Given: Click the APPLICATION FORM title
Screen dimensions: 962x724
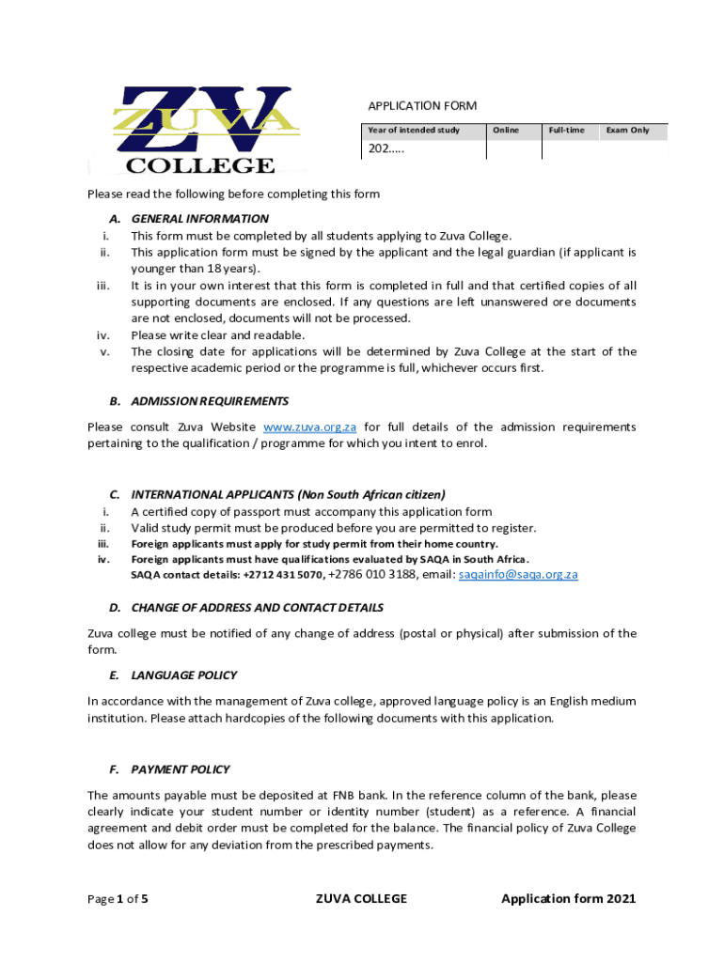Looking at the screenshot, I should click(421, 105).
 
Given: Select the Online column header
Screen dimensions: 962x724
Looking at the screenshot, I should click(505, 130).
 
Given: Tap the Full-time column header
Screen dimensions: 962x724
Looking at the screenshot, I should click(566, 130).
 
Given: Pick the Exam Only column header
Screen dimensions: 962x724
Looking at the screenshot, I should click(627, 130).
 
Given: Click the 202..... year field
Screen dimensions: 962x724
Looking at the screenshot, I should click(386, 148).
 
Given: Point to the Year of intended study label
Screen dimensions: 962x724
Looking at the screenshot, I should click(414, 130).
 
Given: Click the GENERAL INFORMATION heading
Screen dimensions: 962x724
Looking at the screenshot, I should click(199, 218).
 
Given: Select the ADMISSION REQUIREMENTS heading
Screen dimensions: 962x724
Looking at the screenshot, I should click(210, 400).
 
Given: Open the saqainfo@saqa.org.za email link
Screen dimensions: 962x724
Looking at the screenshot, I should click(517, 574).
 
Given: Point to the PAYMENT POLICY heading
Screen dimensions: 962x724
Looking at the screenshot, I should click(180, 769).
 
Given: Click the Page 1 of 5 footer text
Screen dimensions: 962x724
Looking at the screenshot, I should click(118, 899).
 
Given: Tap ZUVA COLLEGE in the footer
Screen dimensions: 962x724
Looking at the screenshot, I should click(361, 899).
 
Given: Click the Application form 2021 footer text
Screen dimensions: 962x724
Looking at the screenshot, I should click(568, 899).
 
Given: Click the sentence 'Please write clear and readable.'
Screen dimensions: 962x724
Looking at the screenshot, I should click(217, 334).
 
